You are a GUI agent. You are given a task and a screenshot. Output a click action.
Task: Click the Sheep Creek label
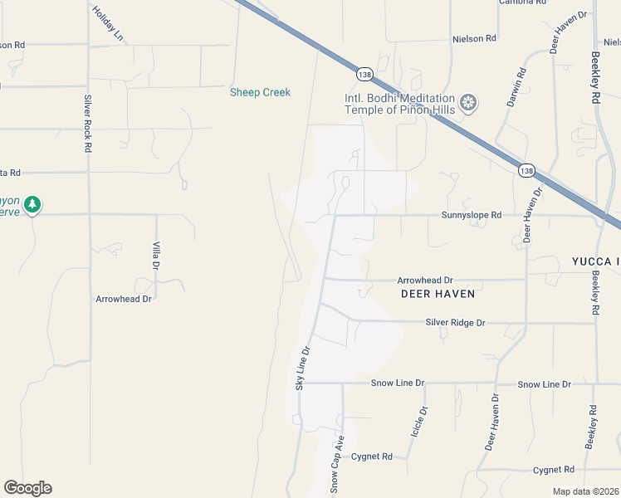click(260, 92)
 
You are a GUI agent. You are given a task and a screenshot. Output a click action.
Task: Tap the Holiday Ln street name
click(108, 24)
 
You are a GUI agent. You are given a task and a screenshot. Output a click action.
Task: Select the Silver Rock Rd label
click(87, 124)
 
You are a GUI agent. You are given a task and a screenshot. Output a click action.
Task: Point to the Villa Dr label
click(155, 256)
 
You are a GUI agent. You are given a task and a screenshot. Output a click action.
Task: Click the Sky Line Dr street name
click(302, 368)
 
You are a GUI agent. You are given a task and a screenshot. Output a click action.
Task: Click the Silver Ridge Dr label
click(455, 322)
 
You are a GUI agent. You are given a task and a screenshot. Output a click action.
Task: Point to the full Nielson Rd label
click(474, 38)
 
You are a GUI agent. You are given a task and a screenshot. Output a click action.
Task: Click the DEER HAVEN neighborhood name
click(438, 294)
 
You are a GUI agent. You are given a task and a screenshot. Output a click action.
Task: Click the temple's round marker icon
click(469, 103)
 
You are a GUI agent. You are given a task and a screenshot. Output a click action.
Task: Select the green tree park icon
click(32, 204)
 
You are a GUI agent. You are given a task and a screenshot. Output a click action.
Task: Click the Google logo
click(27, 488)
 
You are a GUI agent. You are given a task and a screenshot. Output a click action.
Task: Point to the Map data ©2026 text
click(585, 491)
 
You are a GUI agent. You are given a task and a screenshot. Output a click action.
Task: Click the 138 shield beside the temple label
click(364, 75)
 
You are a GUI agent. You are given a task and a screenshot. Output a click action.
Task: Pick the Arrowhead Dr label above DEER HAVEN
click(424, 281)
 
